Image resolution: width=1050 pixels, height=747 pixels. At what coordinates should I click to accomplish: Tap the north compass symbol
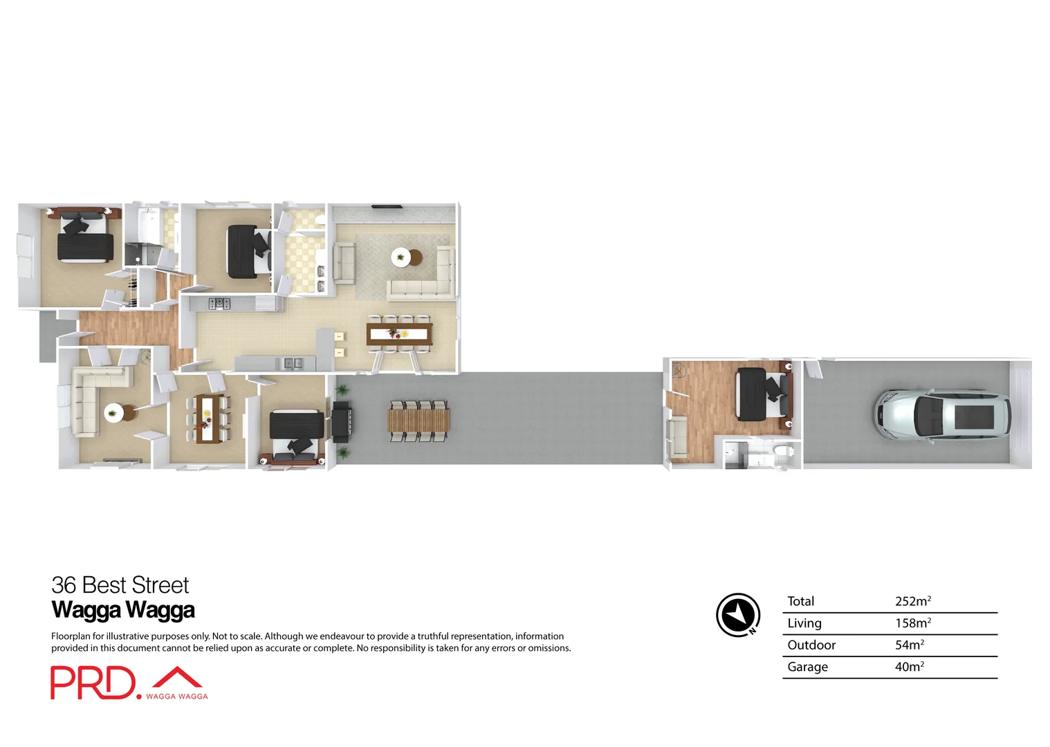coord(738,614)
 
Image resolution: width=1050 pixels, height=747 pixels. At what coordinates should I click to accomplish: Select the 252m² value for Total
coord(912,601)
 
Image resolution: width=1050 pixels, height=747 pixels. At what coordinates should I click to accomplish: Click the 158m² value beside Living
coord(912,623)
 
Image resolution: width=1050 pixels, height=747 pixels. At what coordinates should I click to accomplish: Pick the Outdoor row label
coord(811,645)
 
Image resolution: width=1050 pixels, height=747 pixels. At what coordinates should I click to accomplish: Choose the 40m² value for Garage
coord(909,667)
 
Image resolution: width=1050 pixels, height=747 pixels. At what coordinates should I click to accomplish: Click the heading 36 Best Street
coord(120,585)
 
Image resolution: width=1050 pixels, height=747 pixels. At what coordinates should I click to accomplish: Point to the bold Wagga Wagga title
coord(123,610)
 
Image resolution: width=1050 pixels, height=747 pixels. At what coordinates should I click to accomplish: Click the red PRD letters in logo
coord(93,683)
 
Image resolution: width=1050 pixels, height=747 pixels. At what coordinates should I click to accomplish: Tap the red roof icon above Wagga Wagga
coord(177,677)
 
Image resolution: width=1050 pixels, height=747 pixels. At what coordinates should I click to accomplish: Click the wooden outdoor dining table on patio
coord(418,420)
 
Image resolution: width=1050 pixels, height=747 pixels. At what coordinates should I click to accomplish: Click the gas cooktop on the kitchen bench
coord(219,303)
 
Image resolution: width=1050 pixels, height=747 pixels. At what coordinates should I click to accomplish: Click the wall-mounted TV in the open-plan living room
coord(386,206)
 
